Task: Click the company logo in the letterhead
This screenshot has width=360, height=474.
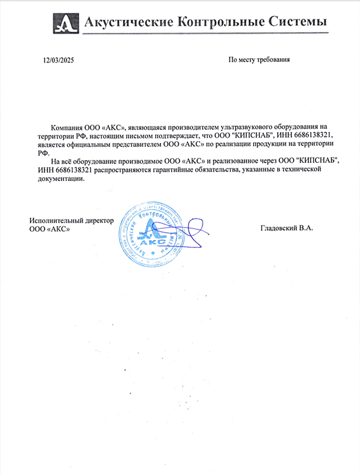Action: (x=65, y=22)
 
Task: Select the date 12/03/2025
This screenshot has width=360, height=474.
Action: (x=58, y=59)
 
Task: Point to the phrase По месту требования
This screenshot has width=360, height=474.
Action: (x=258, y=59)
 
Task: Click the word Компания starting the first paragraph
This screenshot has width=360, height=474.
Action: (x=66, y=126)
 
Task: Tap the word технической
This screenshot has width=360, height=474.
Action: (x=300, y=170)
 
